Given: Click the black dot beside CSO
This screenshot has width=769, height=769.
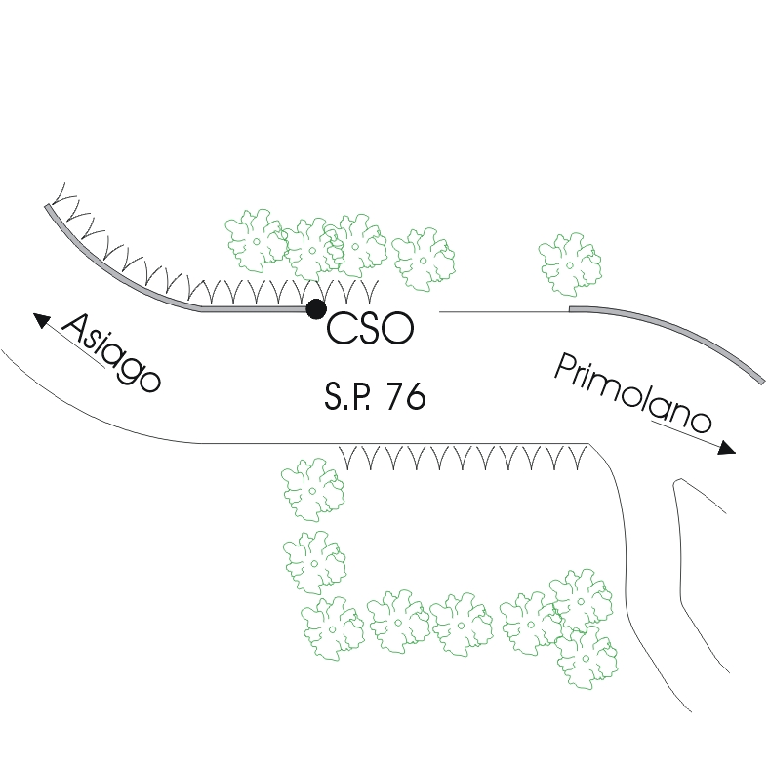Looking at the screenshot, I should tap(315, 309).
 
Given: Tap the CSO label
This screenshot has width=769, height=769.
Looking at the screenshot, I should tap(370, 329).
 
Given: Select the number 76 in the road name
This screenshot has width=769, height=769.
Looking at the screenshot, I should tap(405, 396).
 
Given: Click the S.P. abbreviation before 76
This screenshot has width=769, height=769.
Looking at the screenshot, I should tap(348, 396).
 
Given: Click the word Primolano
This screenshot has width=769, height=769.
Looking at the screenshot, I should tap(632, 395).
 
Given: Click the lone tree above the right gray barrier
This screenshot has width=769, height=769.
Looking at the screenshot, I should tap(570, 264).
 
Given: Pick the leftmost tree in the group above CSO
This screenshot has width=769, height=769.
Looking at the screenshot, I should tap(257, 240).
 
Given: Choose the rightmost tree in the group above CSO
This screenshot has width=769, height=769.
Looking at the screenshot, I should tap(425, 258).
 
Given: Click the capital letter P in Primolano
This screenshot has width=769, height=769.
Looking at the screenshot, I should tap(567, 369).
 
